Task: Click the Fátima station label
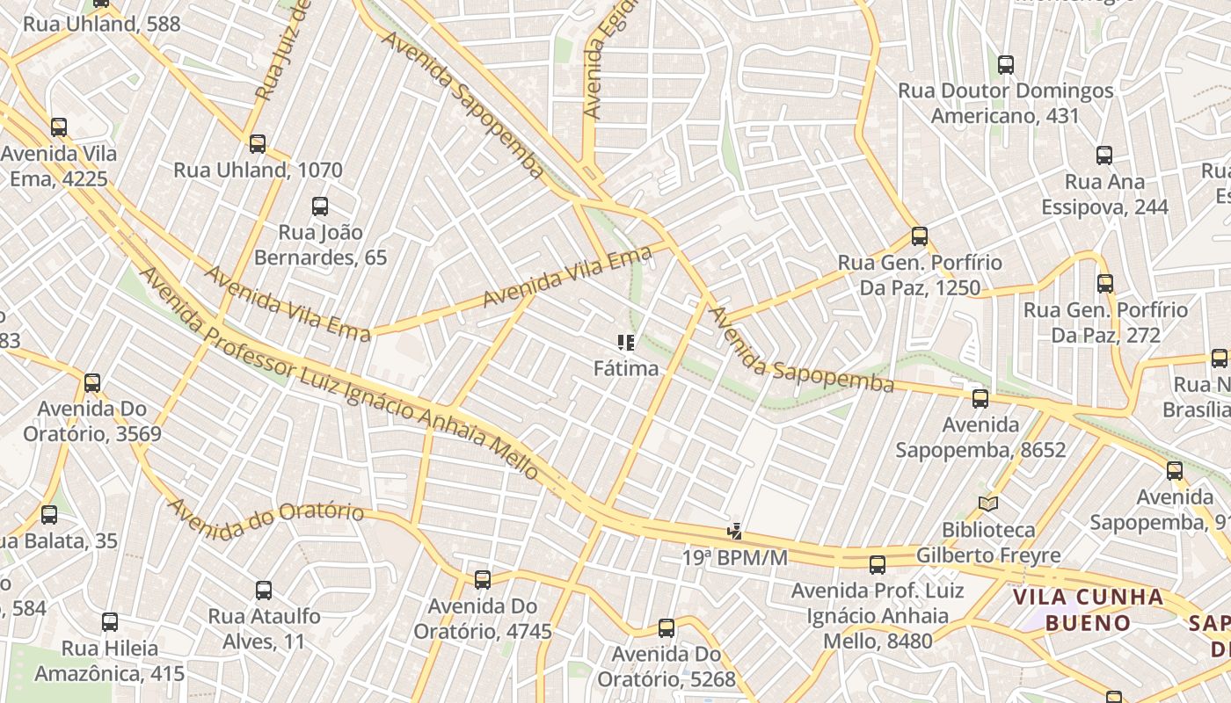click(x=626, y=368)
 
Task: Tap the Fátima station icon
click(x=626, y=343)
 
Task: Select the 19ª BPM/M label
click(x=735, y=557)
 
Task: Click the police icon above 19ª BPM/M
click(x=734, y=531)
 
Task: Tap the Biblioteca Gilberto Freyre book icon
click(x=988, y=504)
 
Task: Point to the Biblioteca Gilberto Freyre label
click(x=988, y=543)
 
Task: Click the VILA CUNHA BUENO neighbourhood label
click(x=1089, y=610)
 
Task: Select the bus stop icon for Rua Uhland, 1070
click(x=258, y=143)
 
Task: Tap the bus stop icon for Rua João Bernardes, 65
click(x=320, y=207)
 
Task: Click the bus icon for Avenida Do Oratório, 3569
click(x=92, y=383)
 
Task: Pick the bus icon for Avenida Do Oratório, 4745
click(x=483, y=579)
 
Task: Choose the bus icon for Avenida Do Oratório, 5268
click(x=666, y=627)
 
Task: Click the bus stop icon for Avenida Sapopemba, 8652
click(x=980, y=399)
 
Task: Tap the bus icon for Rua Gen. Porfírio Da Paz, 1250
click(x=920, y=236)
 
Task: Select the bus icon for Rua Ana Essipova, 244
click(x=1104, y=156)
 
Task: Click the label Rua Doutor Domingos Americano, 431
click(x=1005, y=103)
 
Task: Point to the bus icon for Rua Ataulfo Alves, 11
click(x=264, y=590)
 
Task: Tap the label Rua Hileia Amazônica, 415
click(x=110, y=661)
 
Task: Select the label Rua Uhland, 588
click(x=101, y=24)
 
